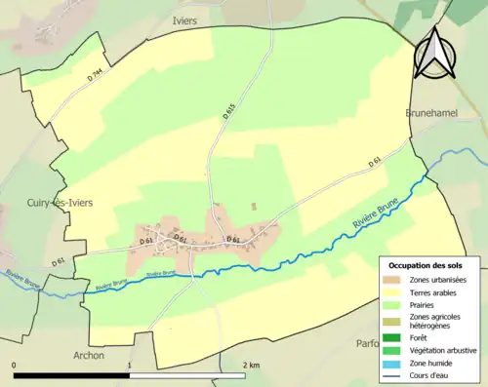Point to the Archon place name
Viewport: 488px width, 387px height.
[x=87, y=356]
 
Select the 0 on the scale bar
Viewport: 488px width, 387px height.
[x=15, y=366]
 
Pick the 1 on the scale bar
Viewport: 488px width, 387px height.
[x=131, y=366]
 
